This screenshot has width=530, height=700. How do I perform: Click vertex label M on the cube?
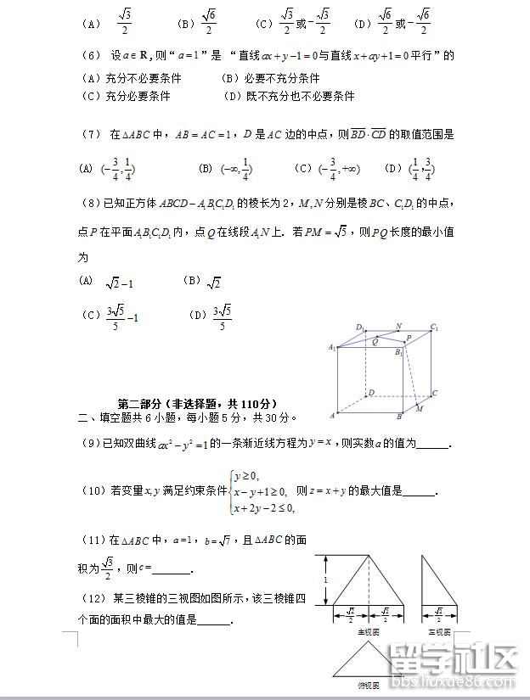tap(419, 409)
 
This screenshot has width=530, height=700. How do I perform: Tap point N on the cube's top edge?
tap(398, 326)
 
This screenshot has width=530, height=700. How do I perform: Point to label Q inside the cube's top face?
tap(375, 342)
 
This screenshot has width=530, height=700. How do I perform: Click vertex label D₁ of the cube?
tap(360, 328)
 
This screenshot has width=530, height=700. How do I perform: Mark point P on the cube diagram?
tap(409, 338)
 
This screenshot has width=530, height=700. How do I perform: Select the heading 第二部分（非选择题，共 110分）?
tap(197, 403)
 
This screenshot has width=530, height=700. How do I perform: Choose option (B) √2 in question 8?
tap(202, 282)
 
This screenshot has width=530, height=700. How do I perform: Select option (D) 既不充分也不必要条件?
tap(289, 96)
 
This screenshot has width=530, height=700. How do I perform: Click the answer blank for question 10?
tap(418, 491)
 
